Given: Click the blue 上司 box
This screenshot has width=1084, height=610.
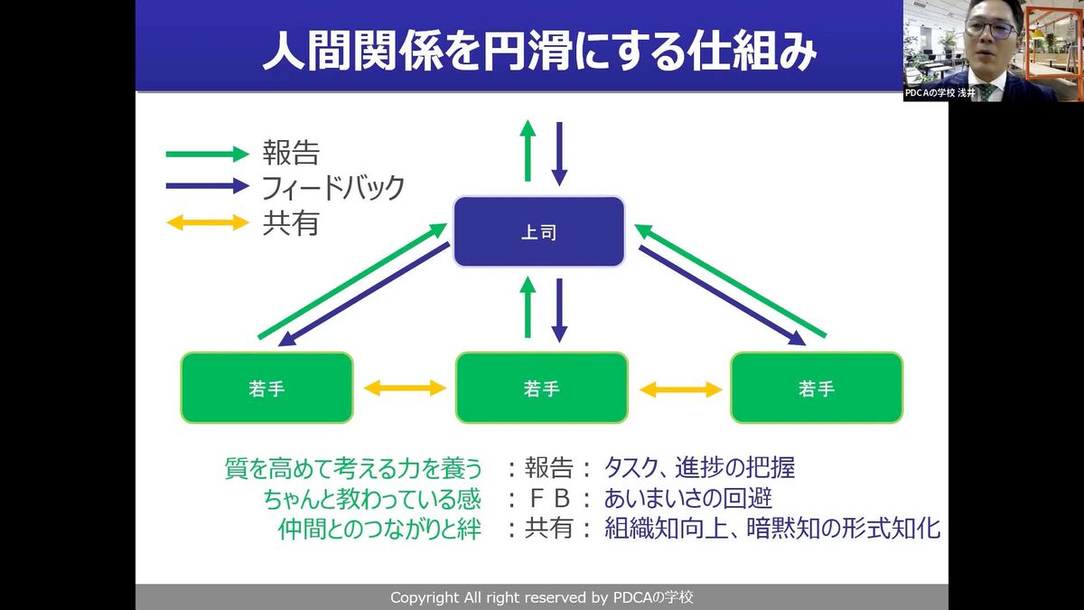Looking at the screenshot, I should (x=538, y=232).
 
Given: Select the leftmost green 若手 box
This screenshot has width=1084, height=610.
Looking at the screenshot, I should (x=266, y=388).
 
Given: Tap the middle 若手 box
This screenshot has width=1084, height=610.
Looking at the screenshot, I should (x=541, y=388).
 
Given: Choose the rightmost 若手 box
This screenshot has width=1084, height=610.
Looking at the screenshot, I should (x=817, y=388).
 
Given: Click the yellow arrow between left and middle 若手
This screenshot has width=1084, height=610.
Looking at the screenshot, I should (x=405, y=389).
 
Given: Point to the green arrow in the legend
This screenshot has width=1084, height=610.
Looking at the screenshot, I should (x=206, y=154).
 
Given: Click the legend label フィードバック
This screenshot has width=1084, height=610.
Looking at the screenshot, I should (x=333, y=188).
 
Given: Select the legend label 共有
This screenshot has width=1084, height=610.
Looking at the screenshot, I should (x=290, y=222).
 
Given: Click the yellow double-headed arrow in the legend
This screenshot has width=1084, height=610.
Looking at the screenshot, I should (x=207, y=222).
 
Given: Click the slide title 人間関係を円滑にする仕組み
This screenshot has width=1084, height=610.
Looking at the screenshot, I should (x=540, y=52).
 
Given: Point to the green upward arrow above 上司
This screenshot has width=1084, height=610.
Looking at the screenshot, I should (x=528, y=150).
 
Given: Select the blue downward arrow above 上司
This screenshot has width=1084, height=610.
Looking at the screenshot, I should (x=559, y=152).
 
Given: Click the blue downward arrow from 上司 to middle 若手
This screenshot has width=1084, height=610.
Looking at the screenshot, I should (x=559, y=309).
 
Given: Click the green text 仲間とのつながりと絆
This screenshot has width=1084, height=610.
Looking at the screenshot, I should (x=379, y=529).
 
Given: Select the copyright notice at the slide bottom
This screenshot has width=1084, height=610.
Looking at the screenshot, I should (x=542, y=597).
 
